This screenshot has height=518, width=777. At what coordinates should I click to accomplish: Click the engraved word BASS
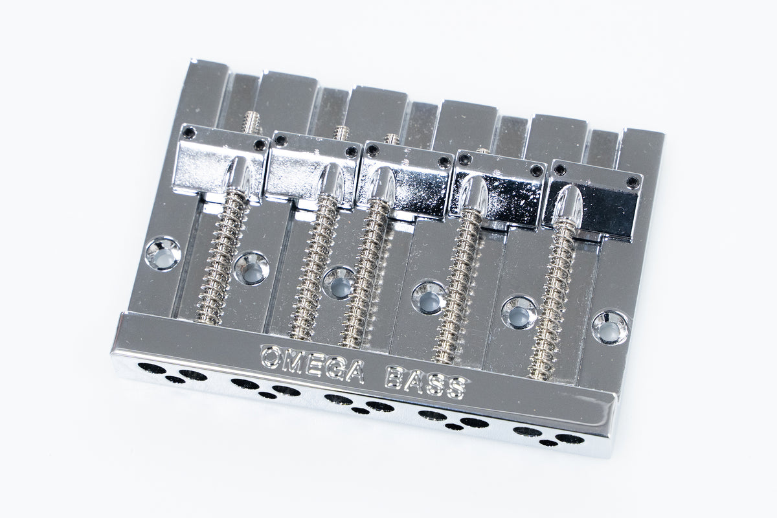click(x=425, y=382)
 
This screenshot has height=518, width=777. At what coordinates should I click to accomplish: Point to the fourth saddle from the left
click(x=499, y=192)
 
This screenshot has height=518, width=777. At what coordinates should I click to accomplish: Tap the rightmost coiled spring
click(x=551, y=298)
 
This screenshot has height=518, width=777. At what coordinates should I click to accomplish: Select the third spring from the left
click(x=366, y=272)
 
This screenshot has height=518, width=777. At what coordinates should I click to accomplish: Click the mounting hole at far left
click(x=163, y=252)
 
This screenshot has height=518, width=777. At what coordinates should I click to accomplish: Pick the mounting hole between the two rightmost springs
click(x=519, y=312)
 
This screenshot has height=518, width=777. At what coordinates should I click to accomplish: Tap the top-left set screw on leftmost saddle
click(x=188, y=133)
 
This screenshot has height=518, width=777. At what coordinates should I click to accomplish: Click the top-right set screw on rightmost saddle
click(x=633, y=183)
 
